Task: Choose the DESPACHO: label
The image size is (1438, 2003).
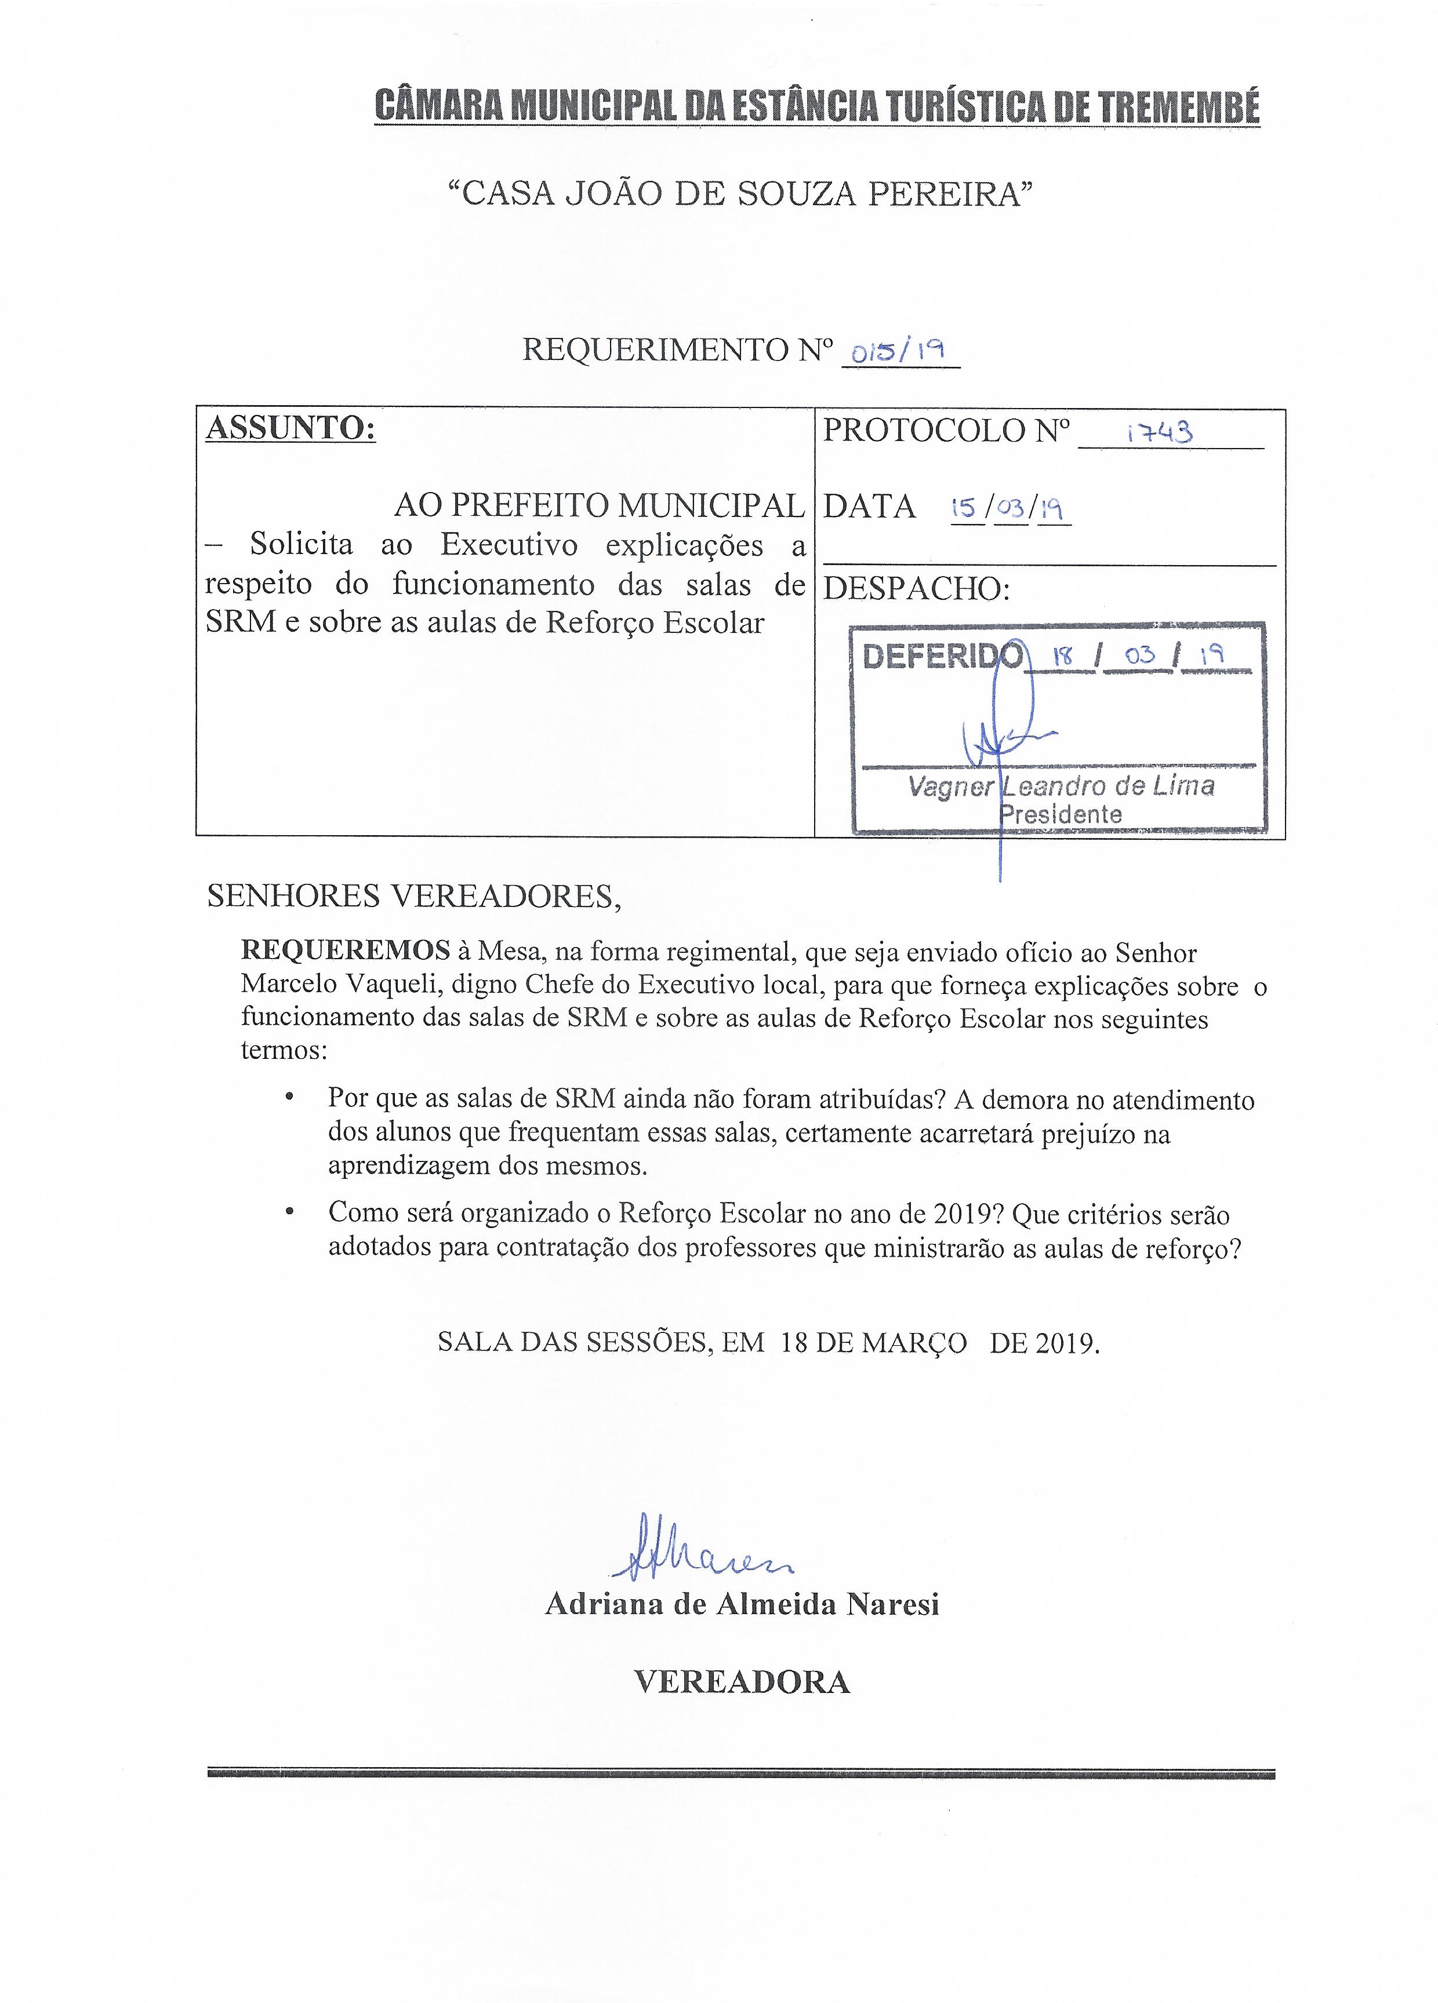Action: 916,589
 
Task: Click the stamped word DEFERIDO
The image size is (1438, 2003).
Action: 942,657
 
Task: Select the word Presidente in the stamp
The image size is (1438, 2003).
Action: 1061,814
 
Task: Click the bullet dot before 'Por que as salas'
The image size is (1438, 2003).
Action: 289,1099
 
